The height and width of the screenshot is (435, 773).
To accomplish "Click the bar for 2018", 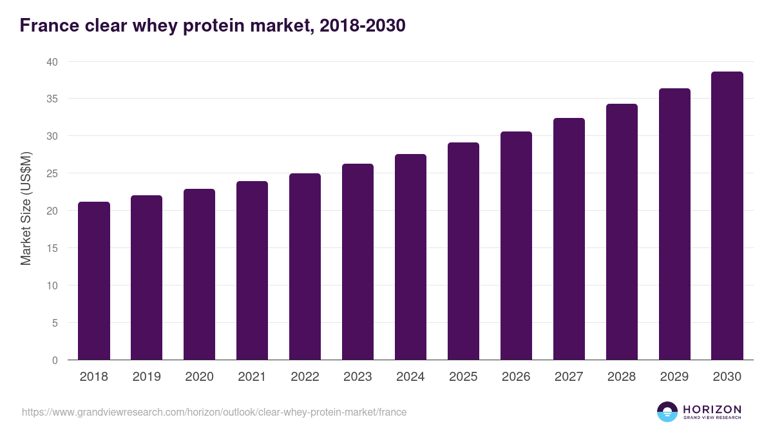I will [x=94, y=281].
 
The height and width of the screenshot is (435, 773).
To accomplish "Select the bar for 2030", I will [x=727, y=216].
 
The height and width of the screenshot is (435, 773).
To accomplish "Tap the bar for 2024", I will [x=410, y=257].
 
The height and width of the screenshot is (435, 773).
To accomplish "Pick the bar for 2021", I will [x=252, y=271].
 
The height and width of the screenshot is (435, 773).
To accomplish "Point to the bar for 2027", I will [x=569, y=239].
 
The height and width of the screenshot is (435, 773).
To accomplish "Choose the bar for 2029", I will [x=674, y=224].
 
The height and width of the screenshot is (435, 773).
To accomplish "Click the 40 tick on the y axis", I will [x=52, y=62].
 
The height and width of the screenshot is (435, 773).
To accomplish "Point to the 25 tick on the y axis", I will [x=52, y=173].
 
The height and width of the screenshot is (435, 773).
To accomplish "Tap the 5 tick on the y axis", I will [x=55, y=323].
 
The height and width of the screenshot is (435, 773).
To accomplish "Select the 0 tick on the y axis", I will [x=55, y=360].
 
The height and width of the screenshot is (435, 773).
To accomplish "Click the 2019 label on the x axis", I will [x=146, y=377].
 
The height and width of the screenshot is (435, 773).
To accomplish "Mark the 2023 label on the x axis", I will [x=358, y=377].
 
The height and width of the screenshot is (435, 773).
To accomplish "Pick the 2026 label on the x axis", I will [x=516, y=377].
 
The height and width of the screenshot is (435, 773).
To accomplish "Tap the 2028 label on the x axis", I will [x=622, y=377].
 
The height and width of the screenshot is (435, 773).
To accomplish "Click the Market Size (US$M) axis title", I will [x=26, y=208].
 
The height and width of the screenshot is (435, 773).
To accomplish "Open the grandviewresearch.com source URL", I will [x=214, y=412].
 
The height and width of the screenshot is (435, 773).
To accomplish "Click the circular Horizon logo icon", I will [x=667, y=412].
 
